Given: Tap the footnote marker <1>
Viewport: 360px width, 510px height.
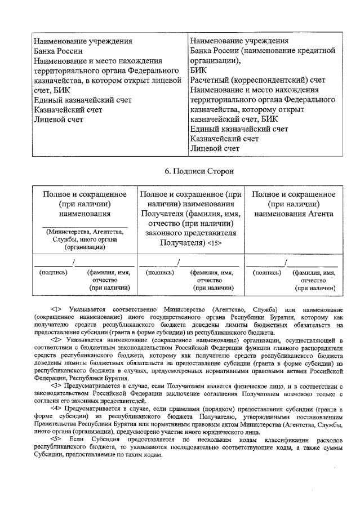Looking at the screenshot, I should coord(56,309).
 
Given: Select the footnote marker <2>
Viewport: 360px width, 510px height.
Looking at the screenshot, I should coord(56,340).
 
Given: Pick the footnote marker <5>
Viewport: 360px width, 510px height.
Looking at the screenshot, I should coord(56,438).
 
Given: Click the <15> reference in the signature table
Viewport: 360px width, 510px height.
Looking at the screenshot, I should coord(215,243).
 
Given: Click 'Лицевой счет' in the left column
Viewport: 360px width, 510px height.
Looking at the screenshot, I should coord(59,119).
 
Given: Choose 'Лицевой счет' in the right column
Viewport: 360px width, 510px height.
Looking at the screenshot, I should coord(216,148).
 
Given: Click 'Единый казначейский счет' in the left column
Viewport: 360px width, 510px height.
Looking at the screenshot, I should coord(82,100).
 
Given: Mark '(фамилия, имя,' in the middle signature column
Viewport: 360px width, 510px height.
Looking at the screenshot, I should coord(211,273).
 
